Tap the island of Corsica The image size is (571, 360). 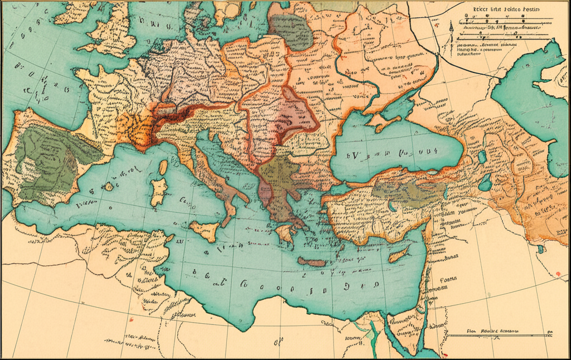tap(163, 167)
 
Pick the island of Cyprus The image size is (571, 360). tap(398, 256)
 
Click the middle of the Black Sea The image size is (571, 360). tap(396, 153)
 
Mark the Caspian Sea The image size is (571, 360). tap(535, 100)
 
